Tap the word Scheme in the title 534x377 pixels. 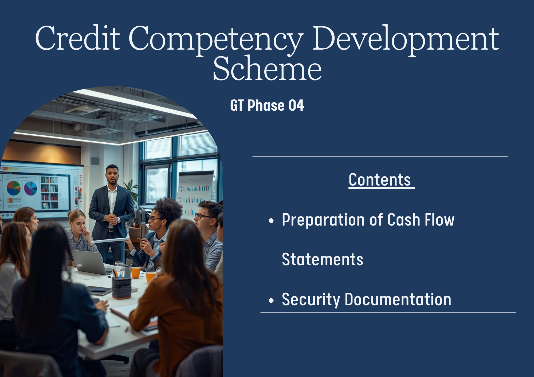click(267, 68)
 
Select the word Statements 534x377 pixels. click(323, 259)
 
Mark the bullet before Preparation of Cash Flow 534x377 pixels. click(271, 221)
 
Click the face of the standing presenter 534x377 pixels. click(112, 175)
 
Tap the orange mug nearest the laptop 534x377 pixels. click(136, 272)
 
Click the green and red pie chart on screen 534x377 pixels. click(13, 188)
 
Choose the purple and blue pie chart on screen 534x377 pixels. click(31, 188)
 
